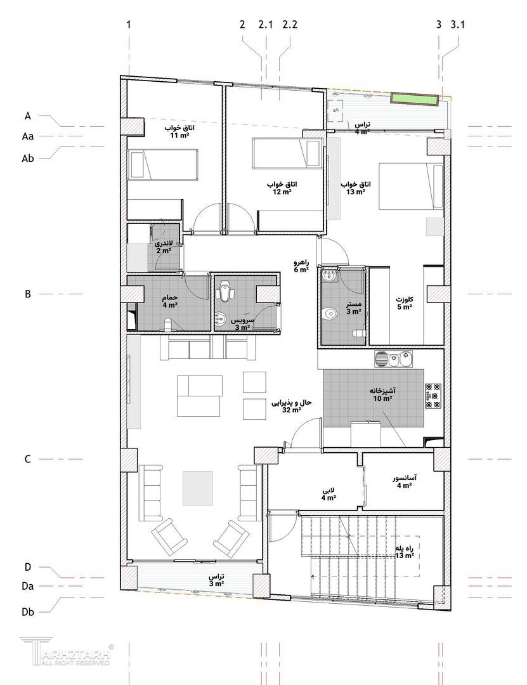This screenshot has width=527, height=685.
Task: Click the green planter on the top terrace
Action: [415, 99]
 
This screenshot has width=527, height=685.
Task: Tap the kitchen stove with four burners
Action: [433, 396]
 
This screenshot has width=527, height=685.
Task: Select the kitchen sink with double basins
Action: [393, 358]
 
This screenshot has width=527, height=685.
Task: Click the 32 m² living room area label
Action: [292, 410]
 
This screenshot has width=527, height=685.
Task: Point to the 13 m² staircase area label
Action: [405, 556]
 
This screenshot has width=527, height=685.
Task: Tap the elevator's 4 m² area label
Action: [404, 485]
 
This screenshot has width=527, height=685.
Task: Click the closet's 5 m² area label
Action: [405, 307]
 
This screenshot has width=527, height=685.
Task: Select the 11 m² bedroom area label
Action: [179, 136]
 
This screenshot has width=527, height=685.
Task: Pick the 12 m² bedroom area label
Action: [282, 192]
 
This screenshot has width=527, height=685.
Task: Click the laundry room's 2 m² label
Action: [164, 251]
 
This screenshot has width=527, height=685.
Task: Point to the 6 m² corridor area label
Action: [301, 270]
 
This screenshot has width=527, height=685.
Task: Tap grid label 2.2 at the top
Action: [290, 25]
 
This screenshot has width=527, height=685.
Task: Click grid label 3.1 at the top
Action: [457, 25]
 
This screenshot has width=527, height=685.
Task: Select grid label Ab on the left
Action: [28, 158]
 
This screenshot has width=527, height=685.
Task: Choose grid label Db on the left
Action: [28, 612]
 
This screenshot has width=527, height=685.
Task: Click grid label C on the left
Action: [27, 459]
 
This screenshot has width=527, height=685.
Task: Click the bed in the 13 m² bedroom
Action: [411, 186]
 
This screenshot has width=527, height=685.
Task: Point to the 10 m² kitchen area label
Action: [383, 398]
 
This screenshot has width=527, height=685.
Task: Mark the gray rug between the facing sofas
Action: [198, 488]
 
